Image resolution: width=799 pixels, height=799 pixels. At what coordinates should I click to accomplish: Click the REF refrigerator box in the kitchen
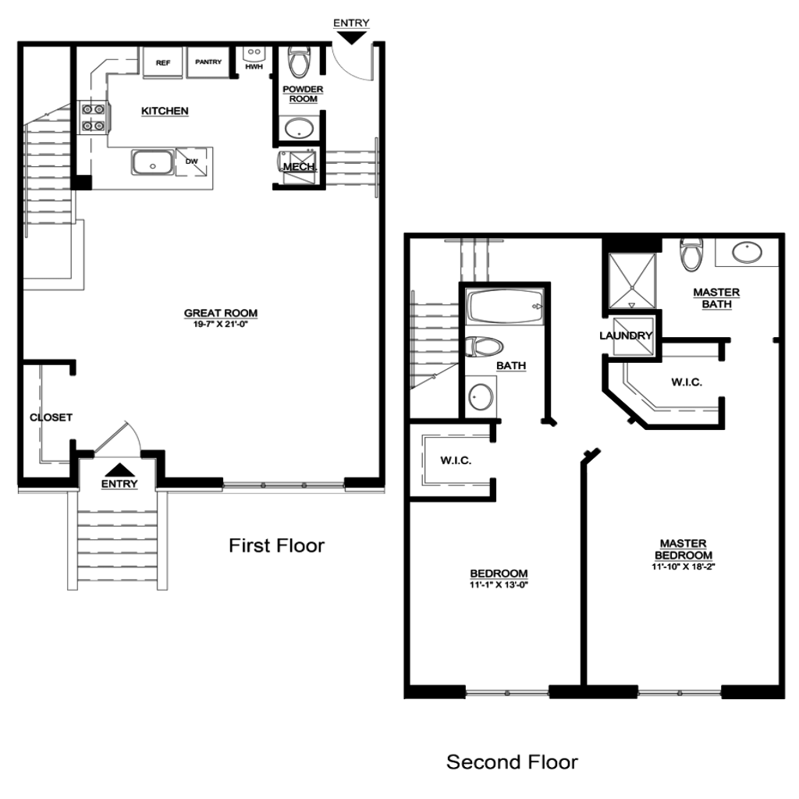click(x=162, y=62)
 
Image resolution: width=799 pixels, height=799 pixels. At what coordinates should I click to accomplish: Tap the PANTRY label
click(x=208, y=62)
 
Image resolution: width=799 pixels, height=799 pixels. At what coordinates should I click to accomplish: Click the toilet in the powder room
click(x=299, y=62)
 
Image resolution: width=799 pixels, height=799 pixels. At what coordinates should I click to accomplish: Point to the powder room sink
click(x=299, y=128)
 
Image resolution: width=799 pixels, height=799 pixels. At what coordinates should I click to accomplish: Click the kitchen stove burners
click(x=94, y=117)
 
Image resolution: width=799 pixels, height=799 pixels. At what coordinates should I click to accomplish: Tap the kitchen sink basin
click(x=152, y=162)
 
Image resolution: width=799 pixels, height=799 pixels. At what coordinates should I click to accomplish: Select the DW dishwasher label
click(x=192, y=161)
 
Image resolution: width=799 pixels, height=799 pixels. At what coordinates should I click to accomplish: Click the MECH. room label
click(x=300, y=167)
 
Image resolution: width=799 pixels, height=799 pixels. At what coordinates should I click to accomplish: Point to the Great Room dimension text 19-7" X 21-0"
click(x=221, y=324)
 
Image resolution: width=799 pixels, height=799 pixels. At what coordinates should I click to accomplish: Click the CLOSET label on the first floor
click(x=51, y=417)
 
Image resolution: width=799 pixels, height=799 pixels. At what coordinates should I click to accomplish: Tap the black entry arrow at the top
click(x=352, y=37)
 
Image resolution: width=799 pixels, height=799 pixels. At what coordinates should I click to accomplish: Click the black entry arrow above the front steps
click(x=119, y=470)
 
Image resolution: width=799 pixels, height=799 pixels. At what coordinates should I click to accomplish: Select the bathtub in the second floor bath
click(x=506, y=306)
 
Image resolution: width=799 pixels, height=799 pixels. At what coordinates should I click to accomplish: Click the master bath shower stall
click(x=632, y=281)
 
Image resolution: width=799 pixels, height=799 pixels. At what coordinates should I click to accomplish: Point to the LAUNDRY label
click(x=626, y=336)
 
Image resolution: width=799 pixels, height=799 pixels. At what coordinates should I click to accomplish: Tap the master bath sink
click(x=747, y=252)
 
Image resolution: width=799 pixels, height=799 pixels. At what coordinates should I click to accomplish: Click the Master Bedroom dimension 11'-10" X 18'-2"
click(x=684, y=566)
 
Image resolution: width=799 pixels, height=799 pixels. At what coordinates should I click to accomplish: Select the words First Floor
click(x=277, y=545)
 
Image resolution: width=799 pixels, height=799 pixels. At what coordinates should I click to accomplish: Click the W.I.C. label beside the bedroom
click(x=456, y=460)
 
